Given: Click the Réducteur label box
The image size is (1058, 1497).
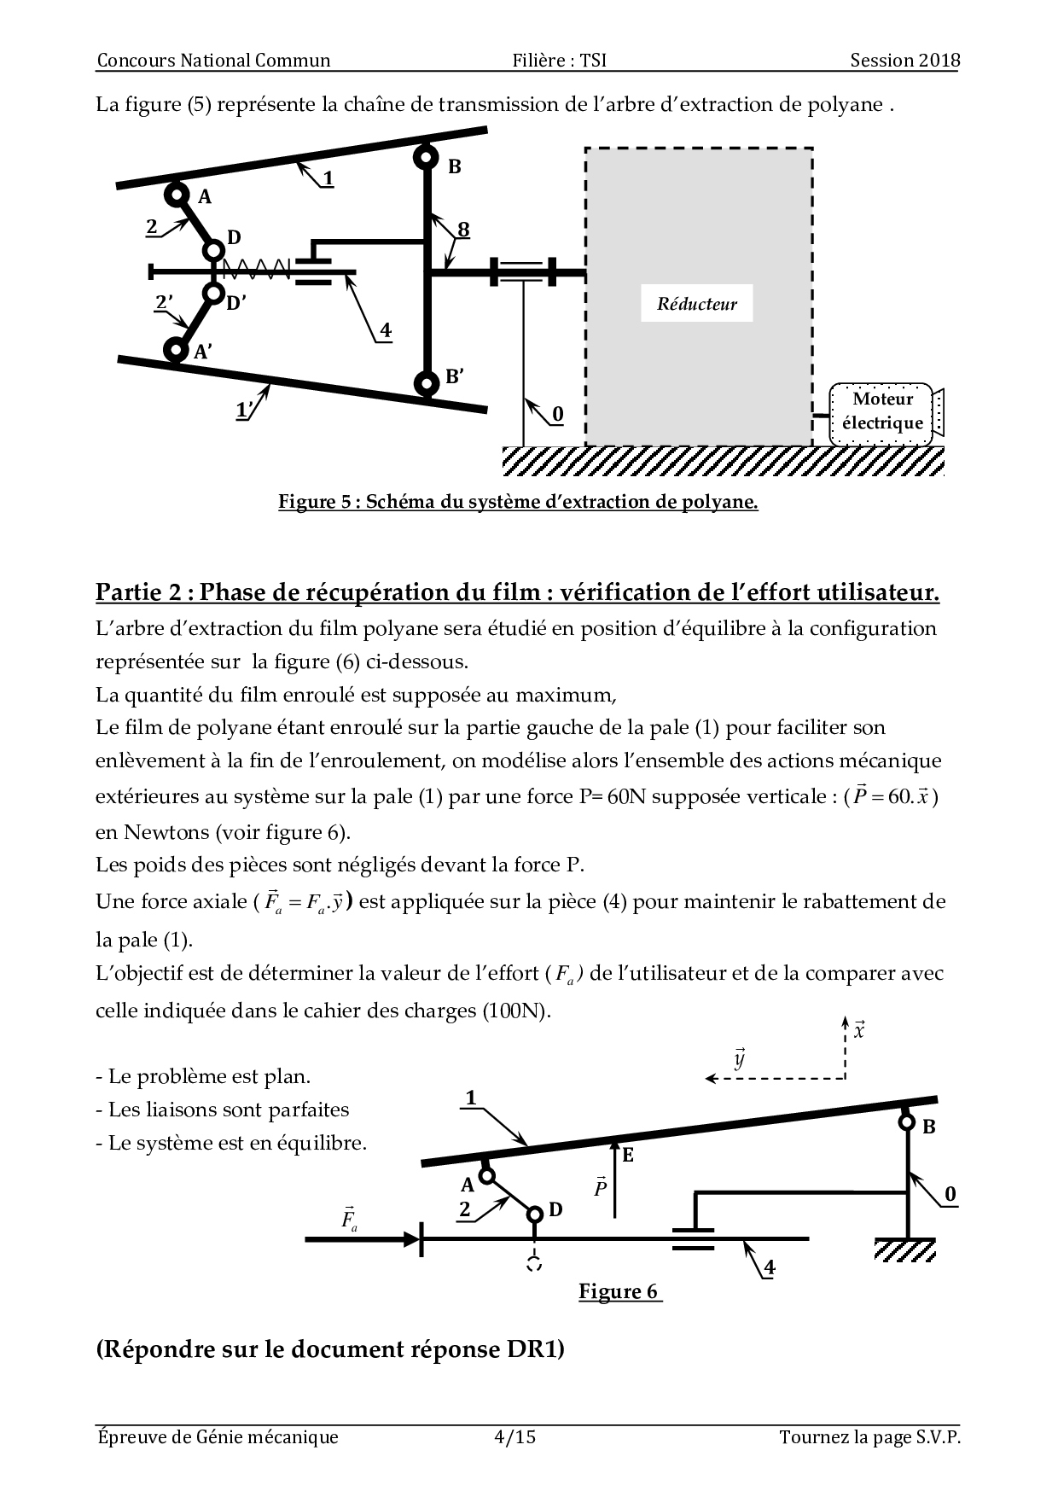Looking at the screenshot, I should (x=696, y=304).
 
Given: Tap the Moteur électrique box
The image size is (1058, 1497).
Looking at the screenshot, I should (x=882, y=412).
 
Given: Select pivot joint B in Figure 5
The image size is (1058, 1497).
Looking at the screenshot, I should (x=425, y=158).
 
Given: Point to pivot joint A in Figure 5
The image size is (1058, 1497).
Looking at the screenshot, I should (x=177, y=195).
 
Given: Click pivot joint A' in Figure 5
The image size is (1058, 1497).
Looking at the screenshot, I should (x=177, y=348).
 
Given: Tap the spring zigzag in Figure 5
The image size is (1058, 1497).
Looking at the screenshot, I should (x=256, y=271).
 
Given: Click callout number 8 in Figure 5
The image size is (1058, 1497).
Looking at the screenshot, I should (x=463, y=230).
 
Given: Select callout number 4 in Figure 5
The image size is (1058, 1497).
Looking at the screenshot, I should (x=386, y=329).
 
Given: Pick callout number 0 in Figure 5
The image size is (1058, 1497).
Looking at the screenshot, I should (x=558, y=414).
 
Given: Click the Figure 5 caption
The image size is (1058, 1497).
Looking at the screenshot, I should (x=518, y=502).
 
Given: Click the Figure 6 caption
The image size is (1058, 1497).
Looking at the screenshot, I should (x=619, y=1291).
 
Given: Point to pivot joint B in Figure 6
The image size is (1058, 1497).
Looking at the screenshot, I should (x=907, y=1122).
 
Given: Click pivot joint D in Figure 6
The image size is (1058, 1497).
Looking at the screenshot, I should (x=535, y=1214).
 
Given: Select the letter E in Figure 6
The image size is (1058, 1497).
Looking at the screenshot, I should (x=628, y=1156).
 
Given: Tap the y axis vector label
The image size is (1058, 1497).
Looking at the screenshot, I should (x=740, y=1059).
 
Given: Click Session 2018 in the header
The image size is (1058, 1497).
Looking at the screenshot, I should (x=904, y=60).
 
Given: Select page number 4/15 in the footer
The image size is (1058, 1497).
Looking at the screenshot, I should (x=514, y=1437).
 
